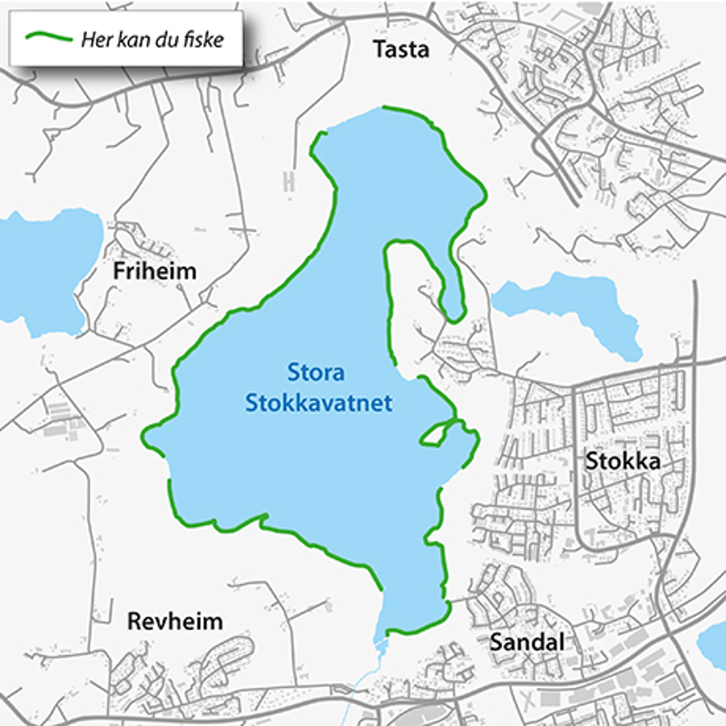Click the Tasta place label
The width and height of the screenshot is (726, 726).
point(400,50)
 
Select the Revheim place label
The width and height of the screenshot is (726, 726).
point(175,622)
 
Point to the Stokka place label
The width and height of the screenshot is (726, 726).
point(622,461)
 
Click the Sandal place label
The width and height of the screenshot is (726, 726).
point(527,642)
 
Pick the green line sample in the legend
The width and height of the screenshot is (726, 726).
point(50,38)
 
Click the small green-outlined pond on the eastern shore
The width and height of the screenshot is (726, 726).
point(435,436)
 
